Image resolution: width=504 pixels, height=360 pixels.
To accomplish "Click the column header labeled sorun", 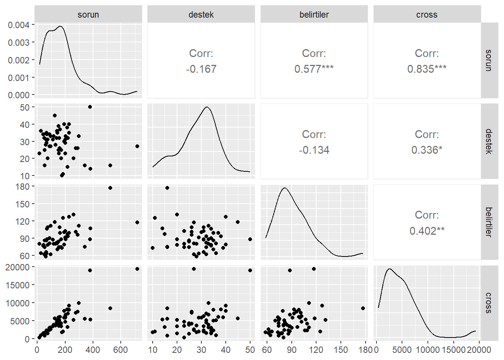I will point(88,15).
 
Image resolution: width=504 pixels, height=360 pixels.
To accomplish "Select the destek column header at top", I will point(201,15).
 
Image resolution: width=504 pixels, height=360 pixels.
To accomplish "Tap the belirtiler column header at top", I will point(314,15).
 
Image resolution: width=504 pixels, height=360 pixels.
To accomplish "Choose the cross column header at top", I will point(427,15).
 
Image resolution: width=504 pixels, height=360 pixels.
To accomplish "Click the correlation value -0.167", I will point(201,69).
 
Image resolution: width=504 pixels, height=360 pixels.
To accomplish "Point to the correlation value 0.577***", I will point(314,69).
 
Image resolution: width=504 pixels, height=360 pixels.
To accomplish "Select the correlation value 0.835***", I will point(427,69).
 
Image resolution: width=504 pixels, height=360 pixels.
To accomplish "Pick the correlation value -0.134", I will point(314,150).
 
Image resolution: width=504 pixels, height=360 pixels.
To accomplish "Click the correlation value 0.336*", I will point(427,150).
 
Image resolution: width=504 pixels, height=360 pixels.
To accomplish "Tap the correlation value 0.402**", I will point(427,231).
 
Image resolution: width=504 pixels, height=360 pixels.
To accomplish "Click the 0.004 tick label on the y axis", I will point(19,25).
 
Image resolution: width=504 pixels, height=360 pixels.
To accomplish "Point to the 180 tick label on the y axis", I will point(22,186).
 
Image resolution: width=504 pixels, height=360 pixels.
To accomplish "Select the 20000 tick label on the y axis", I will point(18,267).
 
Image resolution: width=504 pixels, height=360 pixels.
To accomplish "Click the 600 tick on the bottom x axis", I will point(121,350).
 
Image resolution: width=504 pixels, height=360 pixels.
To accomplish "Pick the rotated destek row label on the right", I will point(488,141).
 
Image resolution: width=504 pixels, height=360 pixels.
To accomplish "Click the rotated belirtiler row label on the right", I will point(488,222).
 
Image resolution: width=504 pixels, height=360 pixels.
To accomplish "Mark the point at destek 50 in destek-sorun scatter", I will point(90,107).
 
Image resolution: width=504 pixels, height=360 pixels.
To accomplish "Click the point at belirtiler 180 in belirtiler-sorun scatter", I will point(110,188).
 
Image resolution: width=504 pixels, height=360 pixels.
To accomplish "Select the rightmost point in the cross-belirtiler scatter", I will point(363,308).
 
